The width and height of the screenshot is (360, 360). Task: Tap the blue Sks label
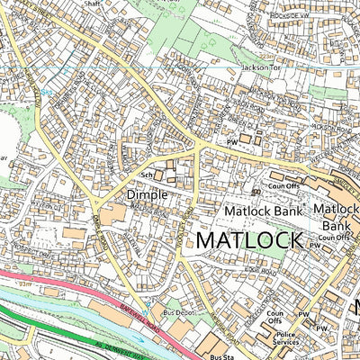pyautogui.click(x=45, y=91)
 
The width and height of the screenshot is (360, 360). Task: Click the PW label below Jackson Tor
pyautogui.click(x=231, y=141)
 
